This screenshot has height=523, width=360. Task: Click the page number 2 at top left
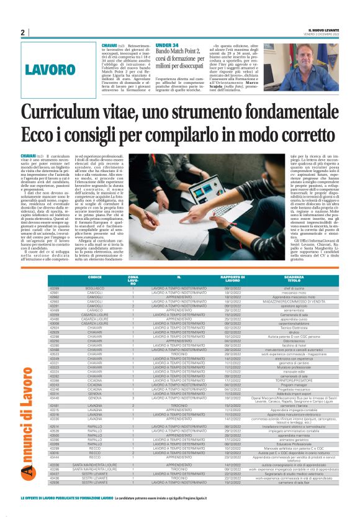[22, 32]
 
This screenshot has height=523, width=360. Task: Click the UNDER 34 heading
[167, 45]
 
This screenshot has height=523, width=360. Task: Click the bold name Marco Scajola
[264, 77]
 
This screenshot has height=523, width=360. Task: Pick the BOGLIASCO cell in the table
[95, 288]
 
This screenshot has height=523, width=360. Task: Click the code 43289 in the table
[55, 288]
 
